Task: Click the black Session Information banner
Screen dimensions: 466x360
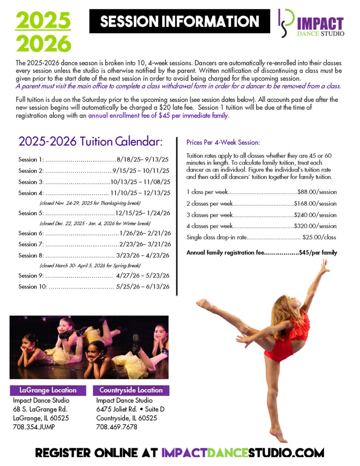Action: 179,21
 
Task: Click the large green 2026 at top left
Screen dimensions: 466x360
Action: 44,44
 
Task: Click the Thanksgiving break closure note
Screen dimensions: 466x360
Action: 90,203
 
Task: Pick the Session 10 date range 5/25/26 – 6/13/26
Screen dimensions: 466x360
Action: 143,287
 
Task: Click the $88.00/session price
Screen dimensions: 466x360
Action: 317,192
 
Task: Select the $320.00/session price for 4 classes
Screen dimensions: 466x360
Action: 315,226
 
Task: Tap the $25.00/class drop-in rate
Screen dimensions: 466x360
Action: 319,237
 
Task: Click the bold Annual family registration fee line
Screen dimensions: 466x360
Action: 262,253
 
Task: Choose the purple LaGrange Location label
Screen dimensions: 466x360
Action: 48,390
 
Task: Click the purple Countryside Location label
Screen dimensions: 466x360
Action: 131,390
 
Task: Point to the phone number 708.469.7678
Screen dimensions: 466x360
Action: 117,427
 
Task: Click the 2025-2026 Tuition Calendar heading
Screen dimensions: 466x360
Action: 90,142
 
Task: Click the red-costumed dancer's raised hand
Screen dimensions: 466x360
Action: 325,265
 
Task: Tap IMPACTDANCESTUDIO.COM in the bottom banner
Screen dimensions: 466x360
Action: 243,453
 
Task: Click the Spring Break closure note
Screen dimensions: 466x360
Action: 90,265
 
